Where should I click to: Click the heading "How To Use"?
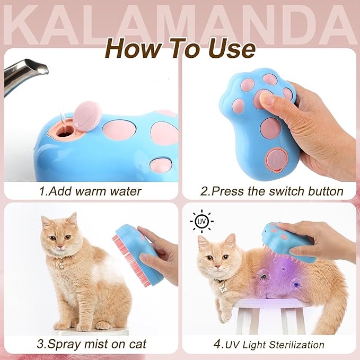[180, 48]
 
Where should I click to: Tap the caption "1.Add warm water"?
[90, 191]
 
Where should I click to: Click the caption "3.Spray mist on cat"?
[90, 344]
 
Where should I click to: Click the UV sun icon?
[201, 222]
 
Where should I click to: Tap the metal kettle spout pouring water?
[24, 74]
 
